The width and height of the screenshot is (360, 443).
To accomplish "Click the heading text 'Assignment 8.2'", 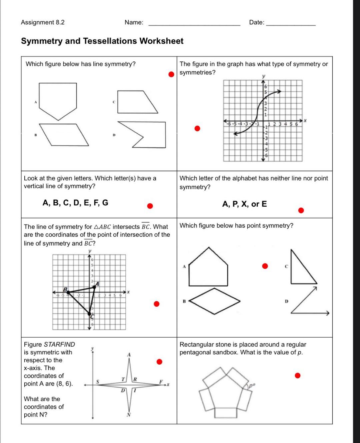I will click(43, 22).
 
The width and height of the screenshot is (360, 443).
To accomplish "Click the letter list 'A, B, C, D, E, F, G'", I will click(75, 203).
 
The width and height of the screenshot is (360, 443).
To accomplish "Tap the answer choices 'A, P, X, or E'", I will click(244, 204).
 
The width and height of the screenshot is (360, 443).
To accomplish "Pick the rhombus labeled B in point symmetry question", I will click(215, 301).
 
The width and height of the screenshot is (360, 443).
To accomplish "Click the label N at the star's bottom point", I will click(129, 415).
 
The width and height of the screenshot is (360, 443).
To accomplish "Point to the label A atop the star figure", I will click(129, 355).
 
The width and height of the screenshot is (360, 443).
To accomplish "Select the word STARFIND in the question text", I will click(59, 344).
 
